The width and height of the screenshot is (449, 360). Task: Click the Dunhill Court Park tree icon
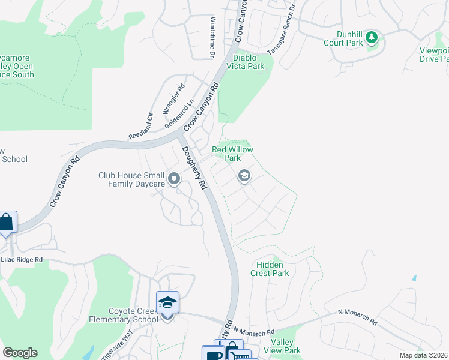pos(372,38)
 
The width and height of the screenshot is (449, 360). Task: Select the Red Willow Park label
pos(232,154)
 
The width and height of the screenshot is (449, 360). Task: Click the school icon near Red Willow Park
pos(244,176)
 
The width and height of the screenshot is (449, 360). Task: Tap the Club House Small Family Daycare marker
pos(174,179)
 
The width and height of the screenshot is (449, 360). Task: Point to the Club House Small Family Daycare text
pos(131,179)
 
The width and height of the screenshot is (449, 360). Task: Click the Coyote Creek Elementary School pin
pos(167,303)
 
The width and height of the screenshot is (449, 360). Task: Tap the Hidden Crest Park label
pos(273,269)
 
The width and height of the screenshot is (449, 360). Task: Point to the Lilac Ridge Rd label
pos(22,260)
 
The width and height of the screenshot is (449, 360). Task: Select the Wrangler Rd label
pos(171,101)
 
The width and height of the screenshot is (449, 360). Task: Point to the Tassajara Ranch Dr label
pos(282,29)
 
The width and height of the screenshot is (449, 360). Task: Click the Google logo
pos(20,353)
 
